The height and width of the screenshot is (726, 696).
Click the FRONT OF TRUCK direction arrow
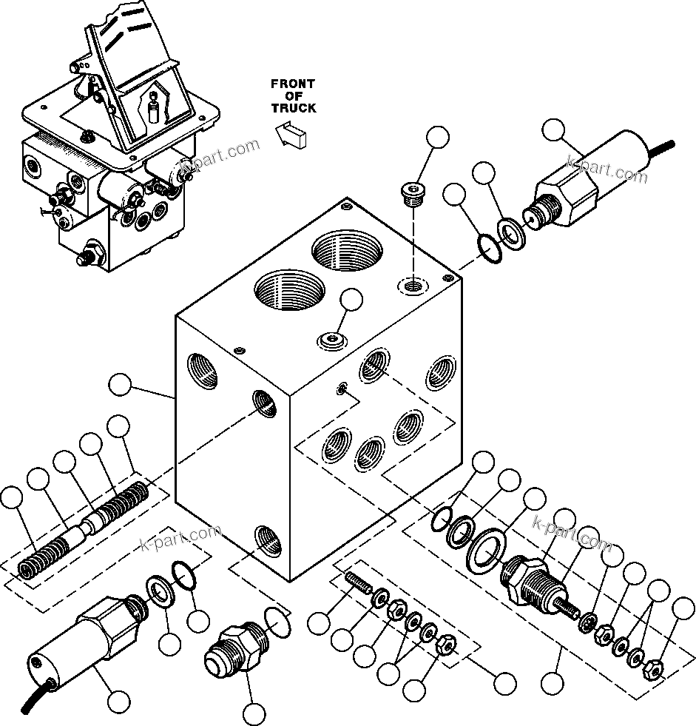291,135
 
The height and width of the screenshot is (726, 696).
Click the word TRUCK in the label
293,108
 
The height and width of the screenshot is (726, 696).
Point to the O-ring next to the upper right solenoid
489,249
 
